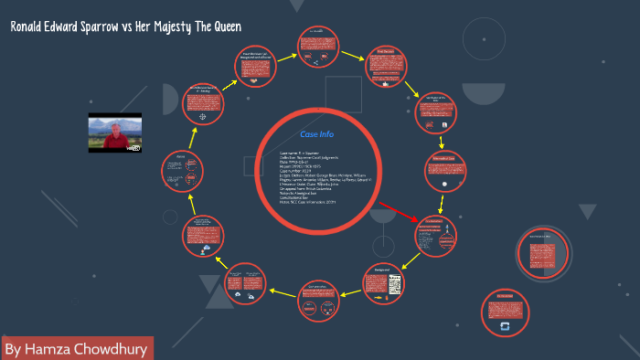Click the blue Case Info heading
coord(317,134)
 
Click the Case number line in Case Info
coord(302,172)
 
